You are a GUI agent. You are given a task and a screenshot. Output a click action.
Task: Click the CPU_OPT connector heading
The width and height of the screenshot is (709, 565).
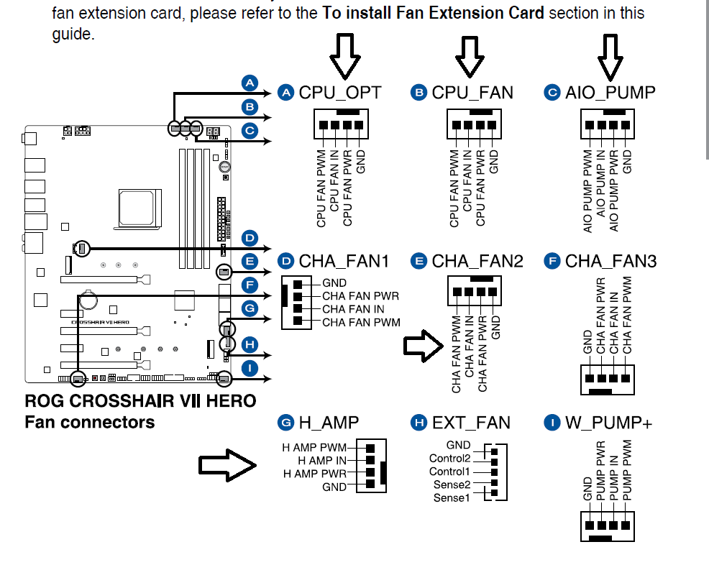click(340, 93)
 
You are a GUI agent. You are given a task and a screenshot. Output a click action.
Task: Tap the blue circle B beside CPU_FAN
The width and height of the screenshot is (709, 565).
click(418, 93)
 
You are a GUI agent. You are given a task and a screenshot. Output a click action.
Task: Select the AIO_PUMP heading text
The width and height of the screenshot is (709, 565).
click(610, 93)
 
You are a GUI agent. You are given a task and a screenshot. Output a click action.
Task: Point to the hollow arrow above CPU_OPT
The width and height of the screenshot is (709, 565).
click(345, 56)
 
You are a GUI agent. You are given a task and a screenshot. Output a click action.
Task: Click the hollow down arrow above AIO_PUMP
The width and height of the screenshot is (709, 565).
click(610, 57)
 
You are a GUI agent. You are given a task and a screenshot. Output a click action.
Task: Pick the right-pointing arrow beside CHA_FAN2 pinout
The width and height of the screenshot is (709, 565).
click(424, 346)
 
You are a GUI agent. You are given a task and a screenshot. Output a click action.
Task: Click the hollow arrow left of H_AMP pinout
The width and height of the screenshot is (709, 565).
click(227, 465)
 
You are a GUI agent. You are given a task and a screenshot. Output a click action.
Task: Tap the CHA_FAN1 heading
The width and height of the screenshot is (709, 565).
click(344, 261)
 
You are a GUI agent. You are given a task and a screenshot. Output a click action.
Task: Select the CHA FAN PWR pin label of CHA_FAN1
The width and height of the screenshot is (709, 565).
click(360, 296)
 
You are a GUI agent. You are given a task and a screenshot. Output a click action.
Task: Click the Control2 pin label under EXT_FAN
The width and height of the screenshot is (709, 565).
click(450, 459)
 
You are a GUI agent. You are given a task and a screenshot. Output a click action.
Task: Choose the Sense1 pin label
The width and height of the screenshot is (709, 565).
click(452, 497)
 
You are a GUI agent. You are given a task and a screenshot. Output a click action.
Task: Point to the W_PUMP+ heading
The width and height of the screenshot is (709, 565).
click(608, 423)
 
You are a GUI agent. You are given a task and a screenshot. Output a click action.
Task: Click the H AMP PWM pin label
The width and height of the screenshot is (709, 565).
click(314, 448)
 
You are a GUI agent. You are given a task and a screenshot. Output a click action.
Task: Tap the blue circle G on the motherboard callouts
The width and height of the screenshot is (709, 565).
click(250, 308)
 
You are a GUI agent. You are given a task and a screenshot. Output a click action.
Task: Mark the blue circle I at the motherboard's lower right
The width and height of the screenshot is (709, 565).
click(250, 368)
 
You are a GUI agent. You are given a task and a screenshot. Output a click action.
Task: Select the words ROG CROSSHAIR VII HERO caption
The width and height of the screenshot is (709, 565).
click(141, 401)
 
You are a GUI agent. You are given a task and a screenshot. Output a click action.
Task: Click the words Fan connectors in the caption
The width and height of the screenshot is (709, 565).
click(90, 422)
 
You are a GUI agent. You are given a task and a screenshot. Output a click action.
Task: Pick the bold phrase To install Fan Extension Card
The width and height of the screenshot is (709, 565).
click(433, 13)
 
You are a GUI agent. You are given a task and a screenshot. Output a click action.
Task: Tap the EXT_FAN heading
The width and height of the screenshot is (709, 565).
click(471, 423)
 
